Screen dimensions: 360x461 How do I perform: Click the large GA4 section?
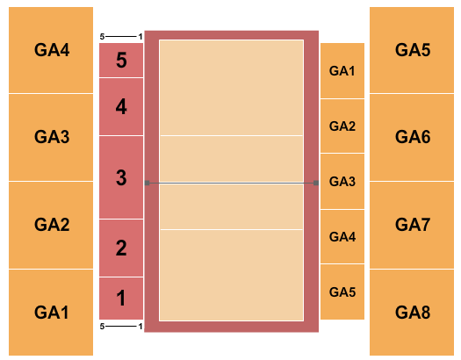pos(51,49)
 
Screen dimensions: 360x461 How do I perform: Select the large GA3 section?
pos(51,137)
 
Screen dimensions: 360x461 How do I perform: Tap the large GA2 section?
pos(51,225)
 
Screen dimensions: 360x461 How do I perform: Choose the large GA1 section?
pos(51,312)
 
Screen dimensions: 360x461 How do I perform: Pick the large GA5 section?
pos(413,49)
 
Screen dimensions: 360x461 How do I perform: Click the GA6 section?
pos(413,137)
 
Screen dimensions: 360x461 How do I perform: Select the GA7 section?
pos(413,225)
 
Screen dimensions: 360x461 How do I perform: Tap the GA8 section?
pos(413,312)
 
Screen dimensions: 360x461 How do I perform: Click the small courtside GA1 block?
pos(342,70)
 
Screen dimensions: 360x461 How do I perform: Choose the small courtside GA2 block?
pos(342,126)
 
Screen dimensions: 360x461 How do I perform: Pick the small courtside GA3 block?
pos(342,181)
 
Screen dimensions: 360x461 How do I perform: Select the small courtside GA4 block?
pos(342,236)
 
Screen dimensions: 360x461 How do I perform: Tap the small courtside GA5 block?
pos(342,292)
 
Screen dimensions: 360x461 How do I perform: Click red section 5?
pos(121,61)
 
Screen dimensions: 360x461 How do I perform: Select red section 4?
pos(121,106)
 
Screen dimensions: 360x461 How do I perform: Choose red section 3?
pos(121,177)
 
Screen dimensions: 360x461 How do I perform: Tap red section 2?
pos(121,248)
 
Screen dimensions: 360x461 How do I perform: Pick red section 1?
pos(121,298)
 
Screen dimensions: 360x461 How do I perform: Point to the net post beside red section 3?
pos(148,184)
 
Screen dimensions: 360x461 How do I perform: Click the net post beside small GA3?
pos(315,184)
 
